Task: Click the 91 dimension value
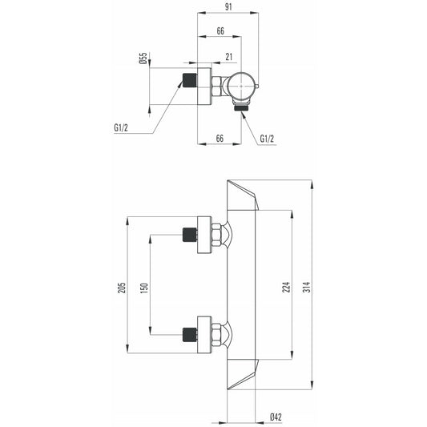(228, 6)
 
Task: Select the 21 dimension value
(229, 57)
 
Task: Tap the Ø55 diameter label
(143, 58)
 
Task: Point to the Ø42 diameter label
(276, 417)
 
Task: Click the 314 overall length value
(307, 287)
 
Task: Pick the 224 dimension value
(286, 287)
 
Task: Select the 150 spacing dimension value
(144, 288)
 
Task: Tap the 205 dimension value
(122, 288)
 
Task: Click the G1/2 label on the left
(121, 127)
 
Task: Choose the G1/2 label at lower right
(267, 139)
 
